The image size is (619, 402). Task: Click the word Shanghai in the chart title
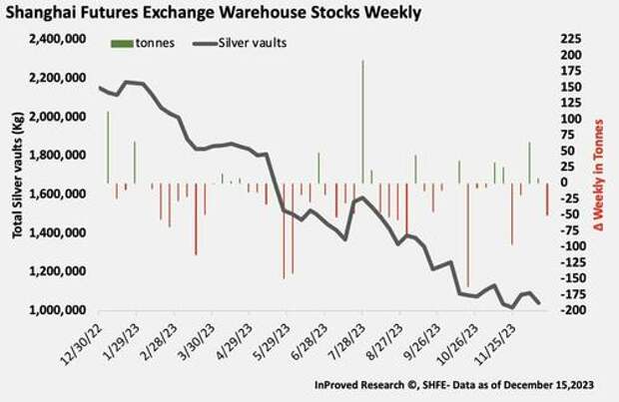pyautogui.click(x=45, y=13)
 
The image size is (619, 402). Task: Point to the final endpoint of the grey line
pyautogui.click(x=540, y=303)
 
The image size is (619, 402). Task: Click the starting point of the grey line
pyautogui.click(x=101, y=88)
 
